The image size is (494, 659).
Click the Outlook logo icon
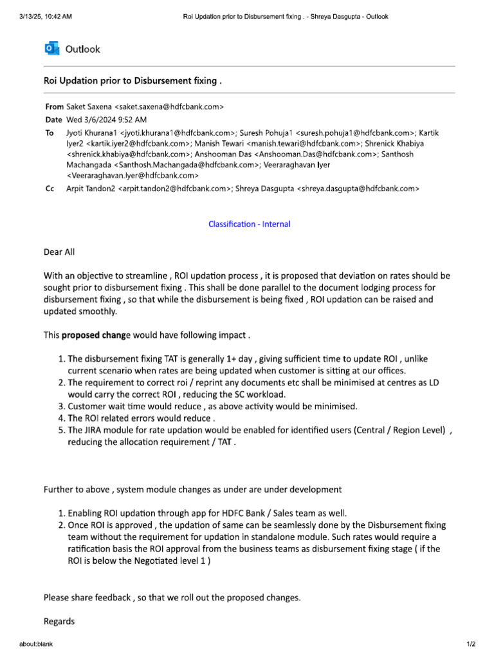point(51,49)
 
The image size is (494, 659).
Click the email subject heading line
point(133,82)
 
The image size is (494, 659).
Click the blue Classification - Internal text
point(249,224)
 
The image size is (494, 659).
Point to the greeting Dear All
point(59,252)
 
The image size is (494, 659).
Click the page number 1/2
point(470,644)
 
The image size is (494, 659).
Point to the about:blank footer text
point(36,644)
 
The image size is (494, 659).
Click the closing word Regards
point(59,621)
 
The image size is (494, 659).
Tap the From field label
point(54,107)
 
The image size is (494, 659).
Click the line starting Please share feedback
point(172,597)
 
